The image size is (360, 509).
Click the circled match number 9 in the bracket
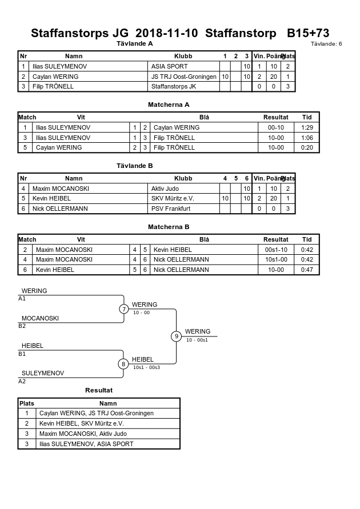pyautogui.click(x=176, y=336)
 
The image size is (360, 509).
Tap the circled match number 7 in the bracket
pyautogui.click(x=123, y=308)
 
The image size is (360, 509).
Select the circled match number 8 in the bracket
pyautogui.click(x=123, y=364)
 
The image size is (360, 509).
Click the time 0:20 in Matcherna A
pyautogui.click(x=307, y=148)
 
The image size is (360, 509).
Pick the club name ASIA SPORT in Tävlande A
pyautogui.click(x=170, y=66)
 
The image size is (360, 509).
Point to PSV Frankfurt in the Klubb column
pyautogui.click(x=171, y=209)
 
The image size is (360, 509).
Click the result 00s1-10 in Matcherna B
pyautogui.click(x=276, y=250)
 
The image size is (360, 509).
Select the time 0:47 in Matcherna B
pyautogui.click(x=307, y=270)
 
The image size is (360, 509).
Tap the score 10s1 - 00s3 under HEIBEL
pyautogui.click(x=146, y=367)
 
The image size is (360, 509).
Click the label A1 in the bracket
pyautogui.click(x=22, y=299)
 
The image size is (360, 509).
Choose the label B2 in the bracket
pyautogui.click(x=22, y=326)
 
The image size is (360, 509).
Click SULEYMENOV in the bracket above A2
pyautogui.click(x=43, y=373)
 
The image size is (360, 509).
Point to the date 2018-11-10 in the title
pyautogui.click(x=166, y=33)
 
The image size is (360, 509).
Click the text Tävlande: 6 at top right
pyautogui.click(x=326, y=44)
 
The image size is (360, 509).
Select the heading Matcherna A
pyautogui.click(x=169, y=105)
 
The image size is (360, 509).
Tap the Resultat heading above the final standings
pyautogui.click(x=99, y=390)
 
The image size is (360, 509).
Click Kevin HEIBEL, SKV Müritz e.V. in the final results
pyautogui.click(x=82, y=424)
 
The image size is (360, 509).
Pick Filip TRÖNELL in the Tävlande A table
pyautogui.click(x=53, y=86)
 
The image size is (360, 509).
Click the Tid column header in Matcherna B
pyautogui.click(x=307, y=239)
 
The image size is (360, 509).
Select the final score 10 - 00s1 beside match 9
pyautogui.click(x=197, y=340)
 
